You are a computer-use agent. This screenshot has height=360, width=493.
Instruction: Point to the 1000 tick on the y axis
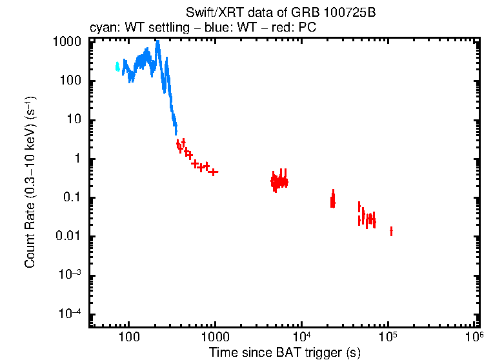66,42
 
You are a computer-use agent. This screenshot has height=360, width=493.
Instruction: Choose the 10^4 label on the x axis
301,337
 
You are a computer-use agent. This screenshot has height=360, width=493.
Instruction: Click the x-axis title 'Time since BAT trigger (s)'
284,352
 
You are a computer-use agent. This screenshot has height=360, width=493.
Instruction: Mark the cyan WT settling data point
117,66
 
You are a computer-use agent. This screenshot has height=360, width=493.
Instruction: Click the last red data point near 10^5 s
391,231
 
